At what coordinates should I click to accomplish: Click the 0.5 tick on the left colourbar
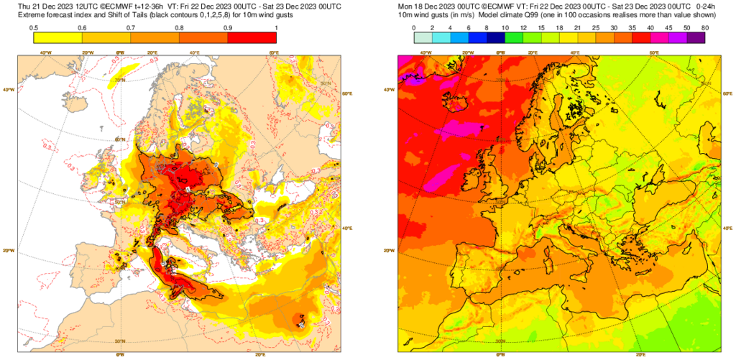click(x=34, y=27)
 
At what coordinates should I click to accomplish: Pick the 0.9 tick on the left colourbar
click(x=228, y=27)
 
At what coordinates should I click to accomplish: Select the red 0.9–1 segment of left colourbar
click(x=252, y=38)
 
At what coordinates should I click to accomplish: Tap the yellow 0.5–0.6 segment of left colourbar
click(x=57, y=38)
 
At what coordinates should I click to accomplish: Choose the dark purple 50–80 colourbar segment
click(x=696, y=38)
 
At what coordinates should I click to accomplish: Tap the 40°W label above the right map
click(x=425, y=52)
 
